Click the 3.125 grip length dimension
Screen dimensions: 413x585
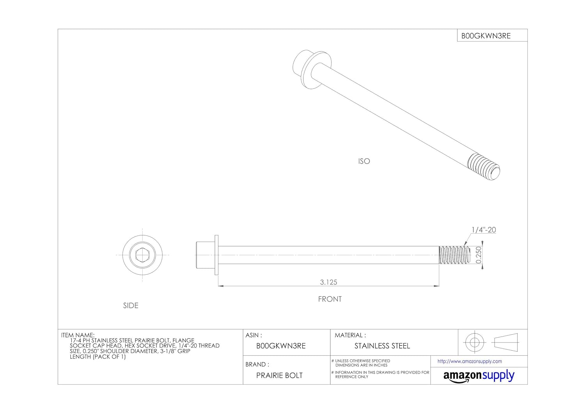pyautogui.click(x=328, y=282)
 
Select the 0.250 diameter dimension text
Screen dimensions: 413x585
pyautogui.click(x=479, y=255)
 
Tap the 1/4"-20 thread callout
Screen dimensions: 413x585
pyautogui.click(x=484, y=230)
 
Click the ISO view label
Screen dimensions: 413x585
pyautogui.click(x=364, y=161)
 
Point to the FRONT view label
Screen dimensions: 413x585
pyautogui.click(x=330, y=299)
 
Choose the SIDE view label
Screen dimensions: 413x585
pyautogui.click(x=131, y=305)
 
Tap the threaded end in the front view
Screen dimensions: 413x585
pyautogui.click(x=455, y=255)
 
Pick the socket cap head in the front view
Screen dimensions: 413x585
pyautogui.click(x=206, y=255)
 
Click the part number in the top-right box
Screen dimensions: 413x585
pyautogui.click(x=486, y=36)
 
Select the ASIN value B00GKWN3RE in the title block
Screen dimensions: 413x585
pyautogui.click(x=281, y=346)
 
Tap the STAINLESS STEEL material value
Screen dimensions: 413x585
pyautogui.click(x=382, y=346)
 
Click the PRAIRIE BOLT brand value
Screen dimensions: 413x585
pyautogui.click(x=279, y=375)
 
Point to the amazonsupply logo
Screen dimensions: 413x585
pyautogui.click(x=479, y=376)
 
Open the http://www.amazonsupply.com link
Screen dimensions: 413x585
pyautogui.click(x=470, y=361)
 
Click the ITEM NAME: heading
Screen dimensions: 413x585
pyautogui.click(x=78, y=335)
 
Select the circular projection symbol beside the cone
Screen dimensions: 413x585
pyautogui.click(x=474, y=342)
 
